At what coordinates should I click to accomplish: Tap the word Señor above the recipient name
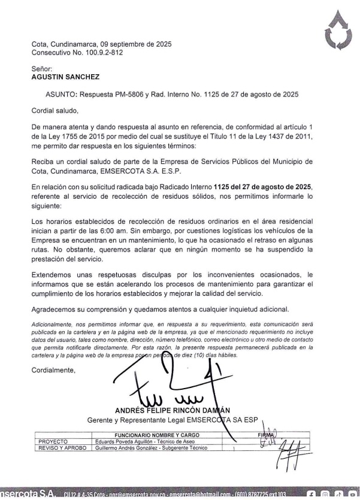click(42, 69)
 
